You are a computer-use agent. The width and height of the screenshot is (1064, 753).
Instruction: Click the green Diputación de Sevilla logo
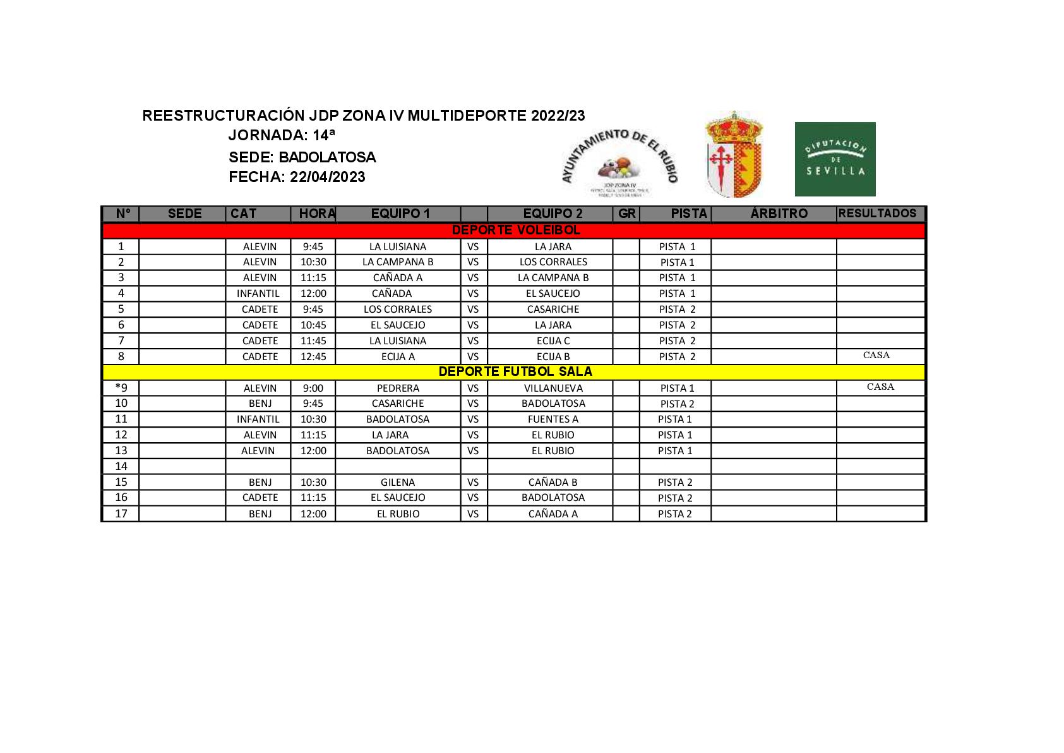click(835, 159)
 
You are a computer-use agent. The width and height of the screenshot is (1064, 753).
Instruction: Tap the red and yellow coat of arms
click(733, 155)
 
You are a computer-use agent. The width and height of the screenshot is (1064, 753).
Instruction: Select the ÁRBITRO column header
click(779, 214)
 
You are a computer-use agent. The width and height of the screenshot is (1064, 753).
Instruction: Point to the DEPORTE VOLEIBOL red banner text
click(516, 231)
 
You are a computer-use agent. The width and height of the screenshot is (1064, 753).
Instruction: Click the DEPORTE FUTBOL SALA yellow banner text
click(515, 372)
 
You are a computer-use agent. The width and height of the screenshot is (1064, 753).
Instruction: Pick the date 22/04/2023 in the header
click(327, 177)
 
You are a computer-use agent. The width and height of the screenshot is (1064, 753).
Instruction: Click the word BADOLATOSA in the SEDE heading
click(327, 157)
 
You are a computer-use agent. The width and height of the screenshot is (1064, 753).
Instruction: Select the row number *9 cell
click(121, 388)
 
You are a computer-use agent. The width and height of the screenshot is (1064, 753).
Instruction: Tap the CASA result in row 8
click(876, 355)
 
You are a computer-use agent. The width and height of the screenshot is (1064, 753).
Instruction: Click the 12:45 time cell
click(313, 356)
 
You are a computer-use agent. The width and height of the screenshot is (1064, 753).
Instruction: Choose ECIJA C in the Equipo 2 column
click(553, 340)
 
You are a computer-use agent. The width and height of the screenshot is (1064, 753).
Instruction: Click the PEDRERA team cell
click(398, 388)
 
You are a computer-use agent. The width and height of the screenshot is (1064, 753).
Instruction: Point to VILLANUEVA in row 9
click(553, 388)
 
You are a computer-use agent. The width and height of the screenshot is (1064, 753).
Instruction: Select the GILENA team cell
click(398, 482)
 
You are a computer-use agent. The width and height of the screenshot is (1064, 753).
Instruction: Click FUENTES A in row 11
click(553, 419)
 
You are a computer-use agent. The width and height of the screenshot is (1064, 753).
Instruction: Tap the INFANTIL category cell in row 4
click(258, 293)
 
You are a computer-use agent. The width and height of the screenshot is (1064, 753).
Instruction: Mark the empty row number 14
click(121, 466)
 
